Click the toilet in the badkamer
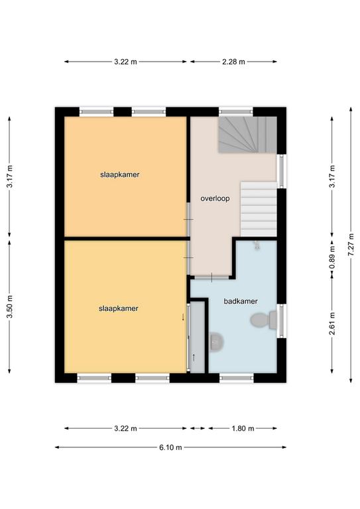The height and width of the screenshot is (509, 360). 264,320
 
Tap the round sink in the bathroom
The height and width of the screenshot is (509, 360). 216,341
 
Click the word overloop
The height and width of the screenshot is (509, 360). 215,198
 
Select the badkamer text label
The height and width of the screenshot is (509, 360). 241,302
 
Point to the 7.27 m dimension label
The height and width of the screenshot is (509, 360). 351,245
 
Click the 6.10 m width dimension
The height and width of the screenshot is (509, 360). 170,447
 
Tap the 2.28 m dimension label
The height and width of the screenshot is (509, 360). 233,62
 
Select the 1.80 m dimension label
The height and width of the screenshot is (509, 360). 243,429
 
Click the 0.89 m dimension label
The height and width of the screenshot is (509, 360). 331,257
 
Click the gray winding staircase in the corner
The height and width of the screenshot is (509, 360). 247,135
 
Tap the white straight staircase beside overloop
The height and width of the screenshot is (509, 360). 259,209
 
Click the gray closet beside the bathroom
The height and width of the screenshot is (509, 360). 197,337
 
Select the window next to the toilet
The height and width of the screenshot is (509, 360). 282,321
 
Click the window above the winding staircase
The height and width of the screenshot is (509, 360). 236,112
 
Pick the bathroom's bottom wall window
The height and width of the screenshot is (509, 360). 236,378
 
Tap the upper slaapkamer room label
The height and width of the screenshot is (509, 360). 120,175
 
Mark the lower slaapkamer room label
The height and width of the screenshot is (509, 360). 119,308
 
